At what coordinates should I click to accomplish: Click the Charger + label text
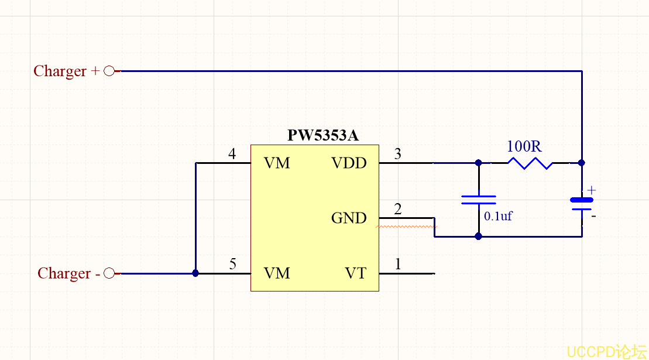(x=67, y=71)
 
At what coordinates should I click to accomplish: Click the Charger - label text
(x=69, y=274)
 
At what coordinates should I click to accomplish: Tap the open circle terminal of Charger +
(x=109, y=71)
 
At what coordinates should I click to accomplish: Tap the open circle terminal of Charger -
(x=109, y=273)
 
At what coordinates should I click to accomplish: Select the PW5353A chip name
(x=323, y=136)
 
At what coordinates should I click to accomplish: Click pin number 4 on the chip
(x=232, y=155)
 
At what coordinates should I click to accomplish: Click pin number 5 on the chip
(x=233, y=265)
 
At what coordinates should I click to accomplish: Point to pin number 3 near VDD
(x=398, y=155)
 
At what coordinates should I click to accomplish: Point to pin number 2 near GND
(x=398, y=210)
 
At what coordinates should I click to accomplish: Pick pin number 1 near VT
(x=399, y=265)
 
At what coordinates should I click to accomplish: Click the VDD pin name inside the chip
(x=349, y=163)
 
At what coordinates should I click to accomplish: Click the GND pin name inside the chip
(x=349, y=218)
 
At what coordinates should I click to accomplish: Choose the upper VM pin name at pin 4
(x=277, y=163)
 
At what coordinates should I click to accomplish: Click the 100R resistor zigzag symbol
(x=530, y=163)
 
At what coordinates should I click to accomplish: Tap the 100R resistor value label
(x=525, y=146)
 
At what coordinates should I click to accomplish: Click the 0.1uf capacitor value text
(x=498, y=216)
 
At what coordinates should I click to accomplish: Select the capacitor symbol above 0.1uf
(x=479, y=200)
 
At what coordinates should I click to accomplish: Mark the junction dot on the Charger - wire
(x=195, y=273)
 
